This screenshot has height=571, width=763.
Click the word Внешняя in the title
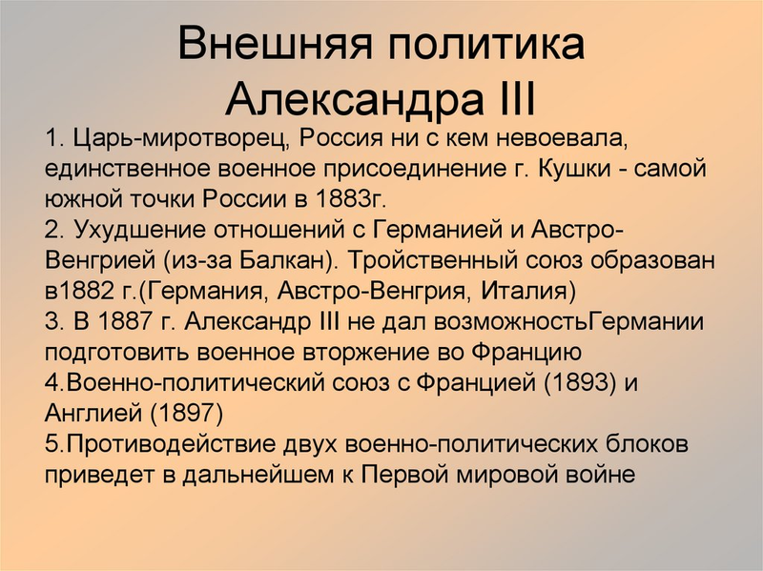(x=276, y=43)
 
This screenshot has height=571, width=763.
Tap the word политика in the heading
(x=486, y=43)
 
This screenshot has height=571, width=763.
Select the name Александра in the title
(x=355, y=100)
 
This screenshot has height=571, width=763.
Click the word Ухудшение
(x=139, y=230)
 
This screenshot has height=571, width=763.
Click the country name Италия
(x=524, y=292)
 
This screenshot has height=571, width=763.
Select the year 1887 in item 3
(x=125, y=322)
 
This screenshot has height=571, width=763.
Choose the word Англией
(x=93, y=414)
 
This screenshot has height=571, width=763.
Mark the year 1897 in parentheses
(x=186, y=414)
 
